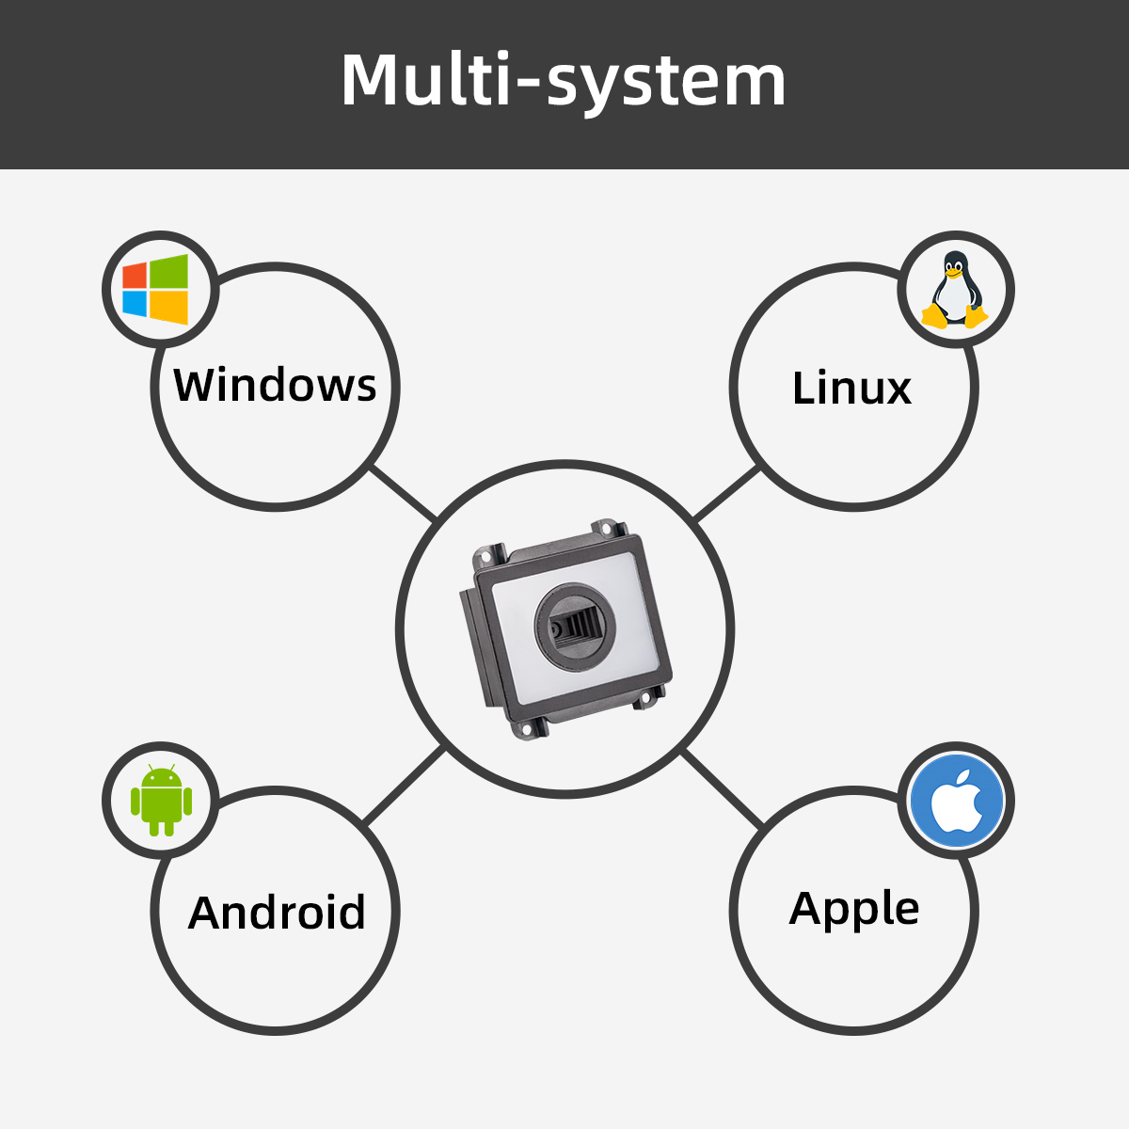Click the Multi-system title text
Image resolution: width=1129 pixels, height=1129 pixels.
(563, 81)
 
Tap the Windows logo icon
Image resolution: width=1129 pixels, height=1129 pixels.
(156, 289)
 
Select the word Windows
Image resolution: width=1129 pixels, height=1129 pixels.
(275, 385)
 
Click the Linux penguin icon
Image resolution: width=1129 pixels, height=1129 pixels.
(955, 290)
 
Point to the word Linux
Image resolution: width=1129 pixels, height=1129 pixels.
(851, 389)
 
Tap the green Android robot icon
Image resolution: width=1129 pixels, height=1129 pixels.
(161, 801)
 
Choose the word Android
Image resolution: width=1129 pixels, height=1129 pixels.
(277, 913)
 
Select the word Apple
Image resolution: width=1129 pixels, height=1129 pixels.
(854, 909)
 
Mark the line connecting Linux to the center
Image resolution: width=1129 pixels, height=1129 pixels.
(726, 494)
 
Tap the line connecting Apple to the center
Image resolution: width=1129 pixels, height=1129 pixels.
(723, 788)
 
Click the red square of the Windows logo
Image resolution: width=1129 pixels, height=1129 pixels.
(135, 275)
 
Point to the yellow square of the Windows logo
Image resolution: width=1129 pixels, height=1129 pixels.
(170, 307)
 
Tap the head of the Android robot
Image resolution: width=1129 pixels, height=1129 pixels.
(161, 779)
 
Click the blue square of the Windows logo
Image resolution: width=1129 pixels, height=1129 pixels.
(135, 303)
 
